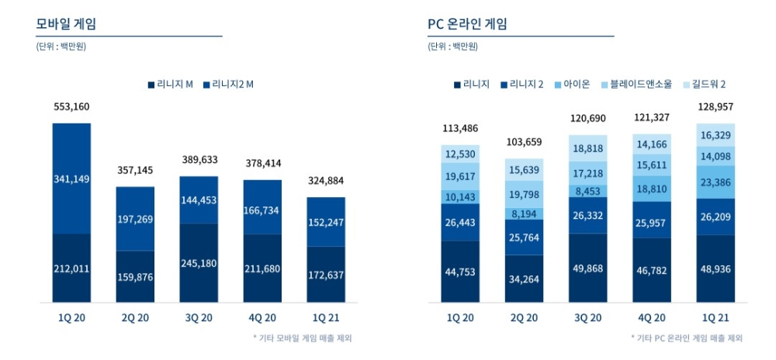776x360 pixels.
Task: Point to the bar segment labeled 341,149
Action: coord(71,179)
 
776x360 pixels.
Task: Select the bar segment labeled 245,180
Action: coord(199,263)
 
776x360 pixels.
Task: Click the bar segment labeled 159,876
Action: coord(135,276)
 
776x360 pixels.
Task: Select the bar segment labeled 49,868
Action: coord(588,268)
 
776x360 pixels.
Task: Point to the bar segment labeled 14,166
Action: coord(652,144)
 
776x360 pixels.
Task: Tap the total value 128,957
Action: coord(715,107)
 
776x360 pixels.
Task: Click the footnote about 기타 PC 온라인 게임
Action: coord(686,338)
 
